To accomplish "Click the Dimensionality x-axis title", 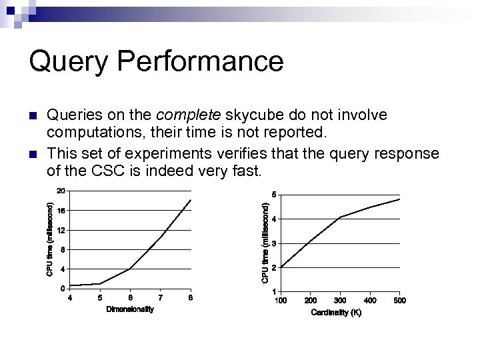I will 130,310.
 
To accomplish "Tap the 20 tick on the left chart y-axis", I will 60,191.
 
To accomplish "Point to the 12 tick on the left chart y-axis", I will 60,230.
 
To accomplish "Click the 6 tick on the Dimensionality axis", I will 130,297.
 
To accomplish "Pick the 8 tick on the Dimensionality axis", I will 191,297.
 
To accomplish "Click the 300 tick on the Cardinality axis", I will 341,301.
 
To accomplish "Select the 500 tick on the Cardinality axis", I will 399,301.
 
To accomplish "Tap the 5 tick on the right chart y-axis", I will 273,195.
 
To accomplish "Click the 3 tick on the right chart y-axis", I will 273,243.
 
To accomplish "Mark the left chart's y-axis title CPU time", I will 50,240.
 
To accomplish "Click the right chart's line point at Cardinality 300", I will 341,217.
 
